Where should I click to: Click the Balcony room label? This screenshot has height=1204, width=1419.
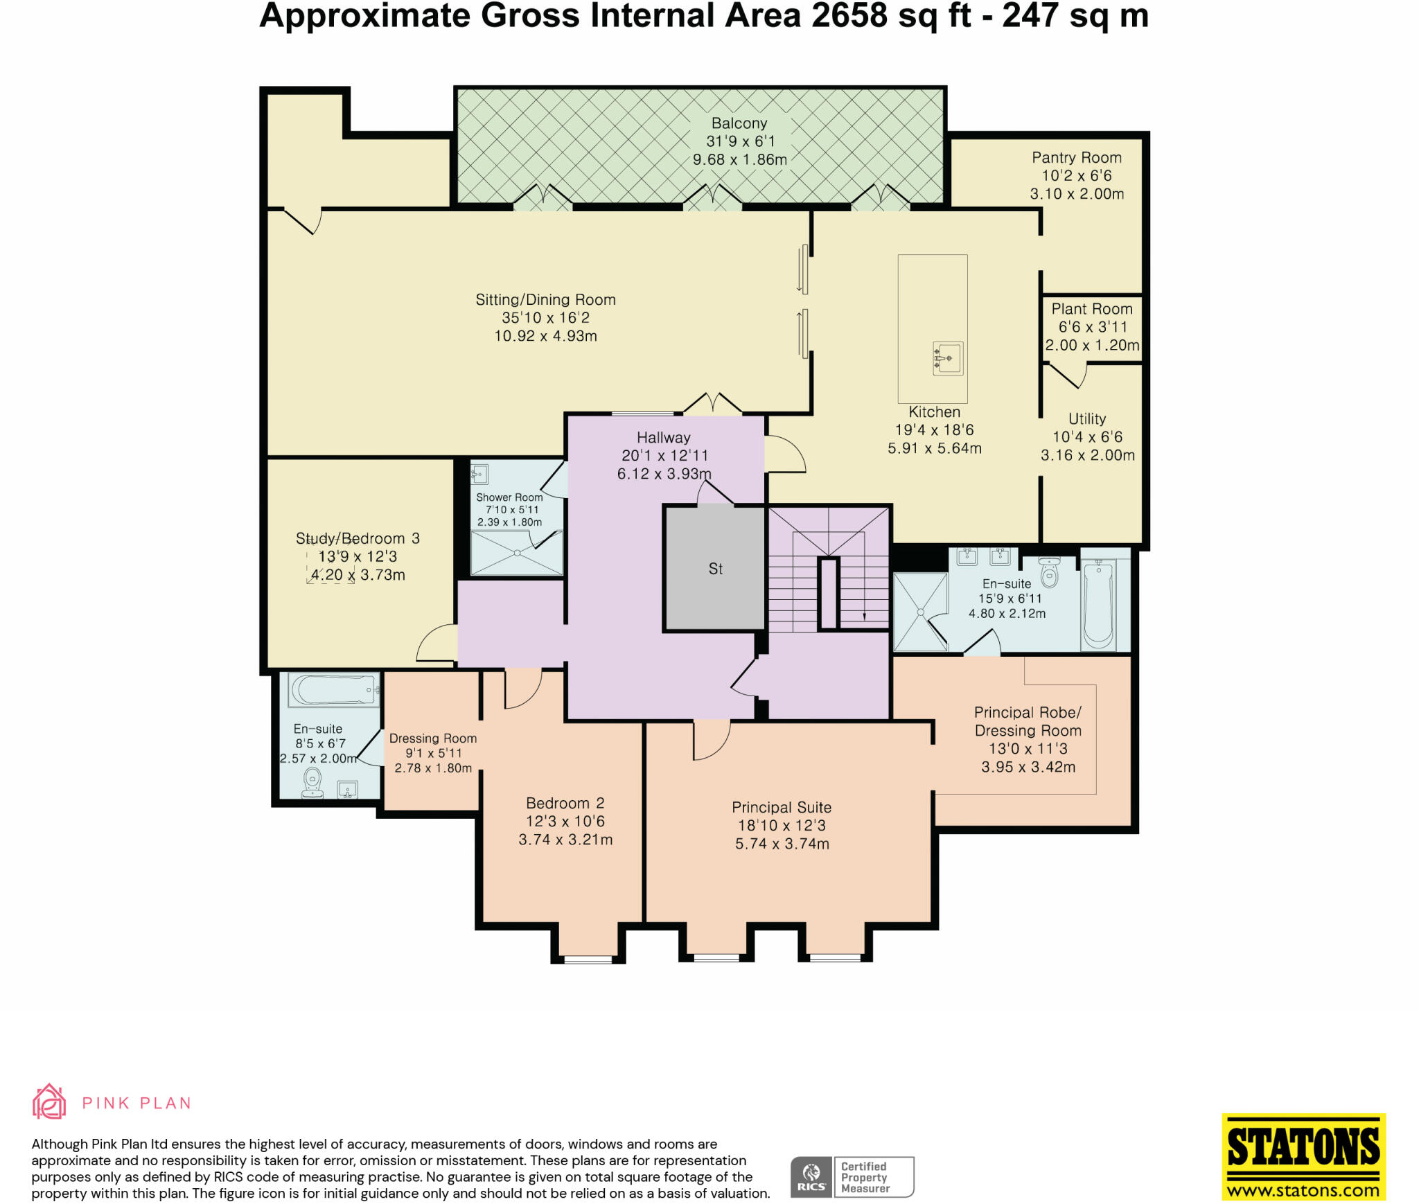point(739,123)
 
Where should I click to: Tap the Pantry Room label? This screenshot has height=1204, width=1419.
point(1077,158)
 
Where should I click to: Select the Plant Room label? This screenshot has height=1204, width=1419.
point(1092,309)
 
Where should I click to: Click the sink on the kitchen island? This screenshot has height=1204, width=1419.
point(948,359)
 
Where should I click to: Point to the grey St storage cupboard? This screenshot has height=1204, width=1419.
point(715,568)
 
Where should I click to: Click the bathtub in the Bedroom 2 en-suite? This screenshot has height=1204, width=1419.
point(335,690)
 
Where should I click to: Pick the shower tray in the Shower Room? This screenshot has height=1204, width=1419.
point(517,553)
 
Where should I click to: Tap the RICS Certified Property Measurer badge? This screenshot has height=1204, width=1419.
point(852,1177)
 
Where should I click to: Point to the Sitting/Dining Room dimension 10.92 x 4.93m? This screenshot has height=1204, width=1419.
point(545,336)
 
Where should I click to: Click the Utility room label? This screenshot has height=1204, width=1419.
point(1087,419)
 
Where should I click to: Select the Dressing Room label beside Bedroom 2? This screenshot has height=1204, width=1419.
point(433,738)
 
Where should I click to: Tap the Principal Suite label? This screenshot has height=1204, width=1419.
point(782,808)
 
